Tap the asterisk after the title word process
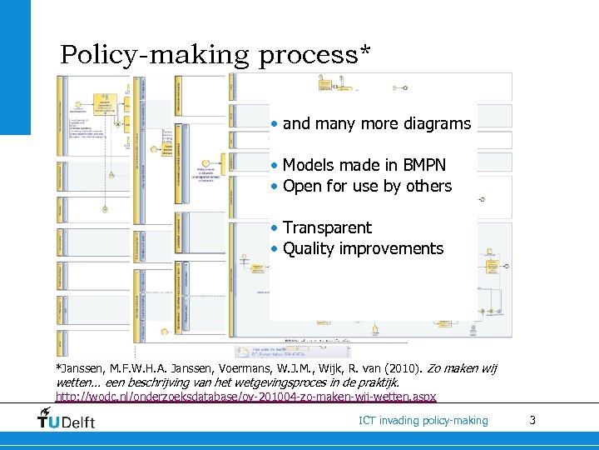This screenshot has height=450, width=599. (x=364, y=52)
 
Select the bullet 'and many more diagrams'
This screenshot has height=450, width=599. (x=376, y=124)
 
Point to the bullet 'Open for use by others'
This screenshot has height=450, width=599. (x=367, y=186)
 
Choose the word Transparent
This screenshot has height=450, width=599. (x=327, y=227)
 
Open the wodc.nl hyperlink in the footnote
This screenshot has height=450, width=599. (x=245, y=397)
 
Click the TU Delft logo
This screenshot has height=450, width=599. (x=67, y=418)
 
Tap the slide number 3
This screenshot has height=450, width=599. (x=532, y=420)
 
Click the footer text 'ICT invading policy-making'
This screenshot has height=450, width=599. (x=423, y=421)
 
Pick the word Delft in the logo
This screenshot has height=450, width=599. (x=78, y=421)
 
